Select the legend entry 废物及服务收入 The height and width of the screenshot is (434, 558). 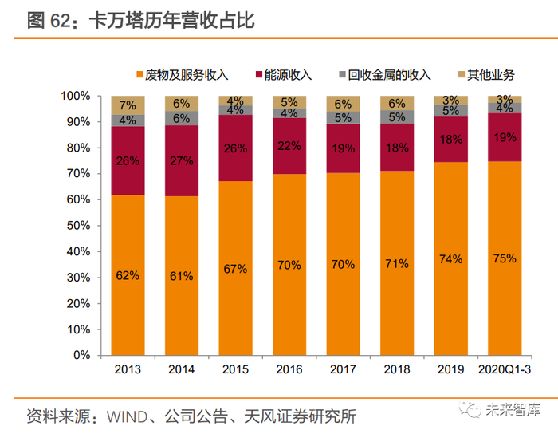pyautogui.click(x=188, y=75)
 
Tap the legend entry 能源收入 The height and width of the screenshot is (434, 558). pyautogui.click(x=286, y=75)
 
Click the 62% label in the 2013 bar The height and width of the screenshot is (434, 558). pyautogui.click(x=128, y=275)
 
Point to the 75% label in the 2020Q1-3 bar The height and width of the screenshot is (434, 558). pyautogui.click(x=505, y=258)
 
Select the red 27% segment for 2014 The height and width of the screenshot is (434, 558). pyautogui.click(x=182, y=160)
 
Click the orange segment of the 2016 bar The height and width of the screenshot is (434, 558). pyautogui.click(x=289, y=265)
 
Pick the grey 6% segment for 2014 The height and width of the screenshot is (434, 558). pyautogui.click(x=182, y=118)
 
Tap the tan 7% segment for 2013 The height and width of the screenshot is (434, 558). pyautogui.click(x=128, y=105)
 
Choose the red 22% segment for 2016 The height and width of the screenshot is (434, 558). pyautogui.click(x=289, y=145)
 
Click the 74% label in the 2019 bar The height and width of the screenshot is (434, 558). pyautogui.click(x=450, y=259)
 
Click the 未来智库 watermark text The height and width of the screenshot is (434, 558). pyautogui.click(x=513, y=412)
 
